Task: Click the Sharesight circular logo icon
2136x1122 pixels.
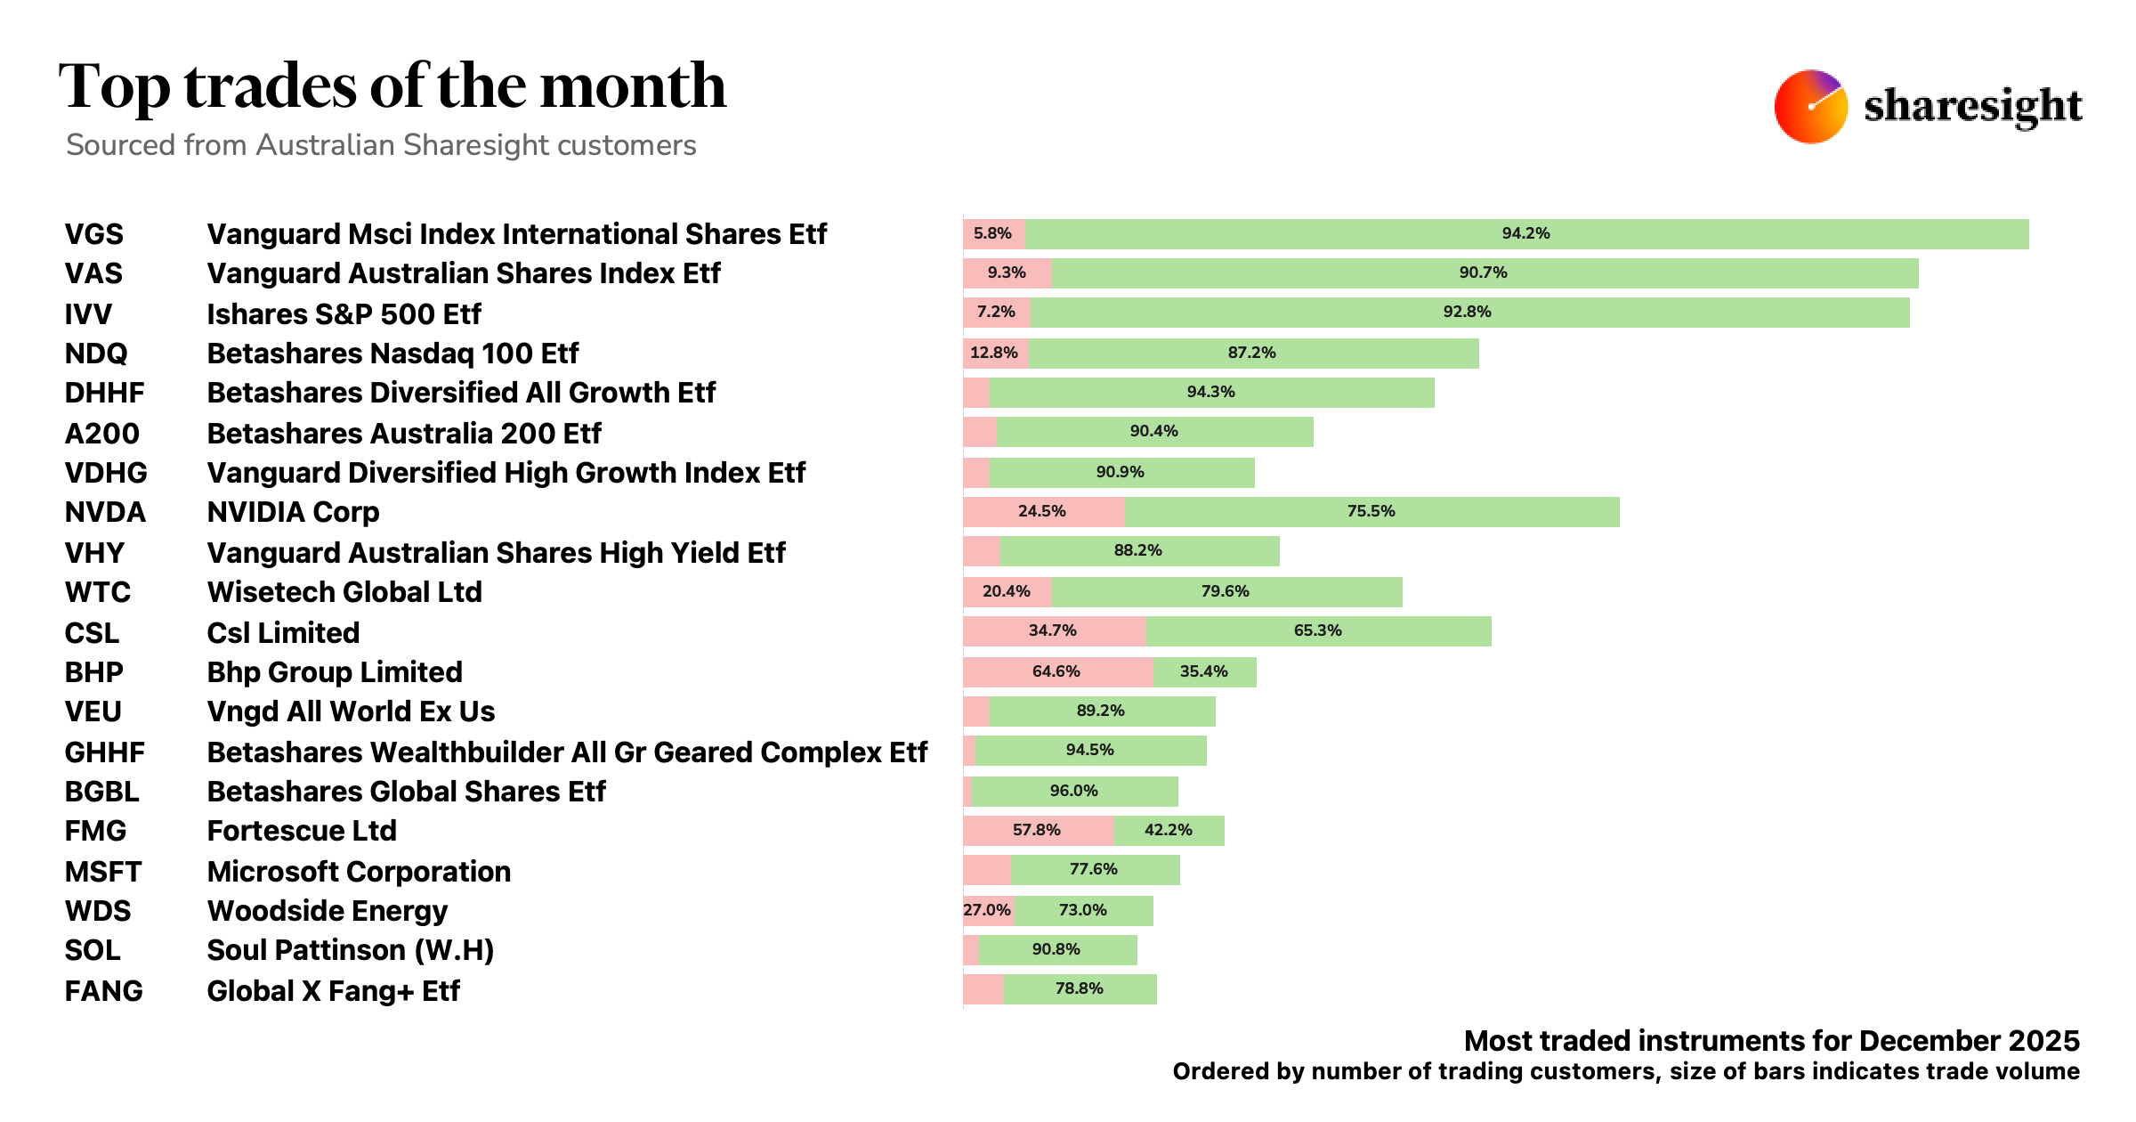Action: tap(1810, 106)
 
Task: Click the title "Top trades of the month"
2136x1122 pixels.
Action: tap(392, 86)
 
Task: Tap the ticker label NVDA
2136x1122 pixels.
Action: tap(105, 512)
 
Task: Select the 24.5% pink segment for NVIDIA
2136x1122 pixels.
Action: tap(1043, 512)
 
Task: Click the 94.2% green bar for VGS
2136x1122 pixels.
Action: tap(1525, 234)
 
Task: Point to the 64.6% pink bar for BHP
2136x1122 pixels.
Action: tap(1057, 672)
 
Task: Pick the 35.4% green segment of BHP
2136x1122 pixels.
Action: tap(1204, 672)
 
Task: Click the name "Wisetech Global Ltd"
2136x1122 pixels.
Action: tap(344, 592)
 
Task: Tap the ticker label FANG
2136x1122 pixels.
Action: tap(103, 991)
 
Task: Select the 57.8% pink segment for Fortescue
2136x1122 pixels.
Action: tap(1038, 831)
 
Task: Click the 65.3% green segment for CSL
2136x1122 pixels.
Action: tap(1317, 631)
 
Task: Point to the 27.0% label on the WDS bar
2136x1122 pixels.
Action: tap(987, 911)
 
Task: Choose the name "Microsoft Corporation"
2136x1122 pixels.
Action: tap(359, 872)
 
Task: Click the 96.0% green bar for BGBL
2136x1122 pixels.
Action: tap(1074, 792)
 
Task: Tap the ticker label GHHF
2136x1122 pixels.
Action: tap(104, 752)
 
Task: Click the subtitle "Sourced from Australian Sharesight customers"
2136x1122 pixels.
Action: tap(381, 145)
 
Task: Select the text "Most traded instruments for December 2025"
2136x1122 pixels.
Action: tap(1771, 1041)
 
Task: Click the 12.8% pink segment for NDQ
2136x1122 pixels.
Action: tap(995, 354)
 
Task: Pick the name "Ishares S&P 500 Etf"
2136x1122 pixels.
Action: tap(344, 314)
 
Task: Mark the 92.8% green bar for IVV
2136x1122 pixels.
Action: tap(1468, 313)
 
